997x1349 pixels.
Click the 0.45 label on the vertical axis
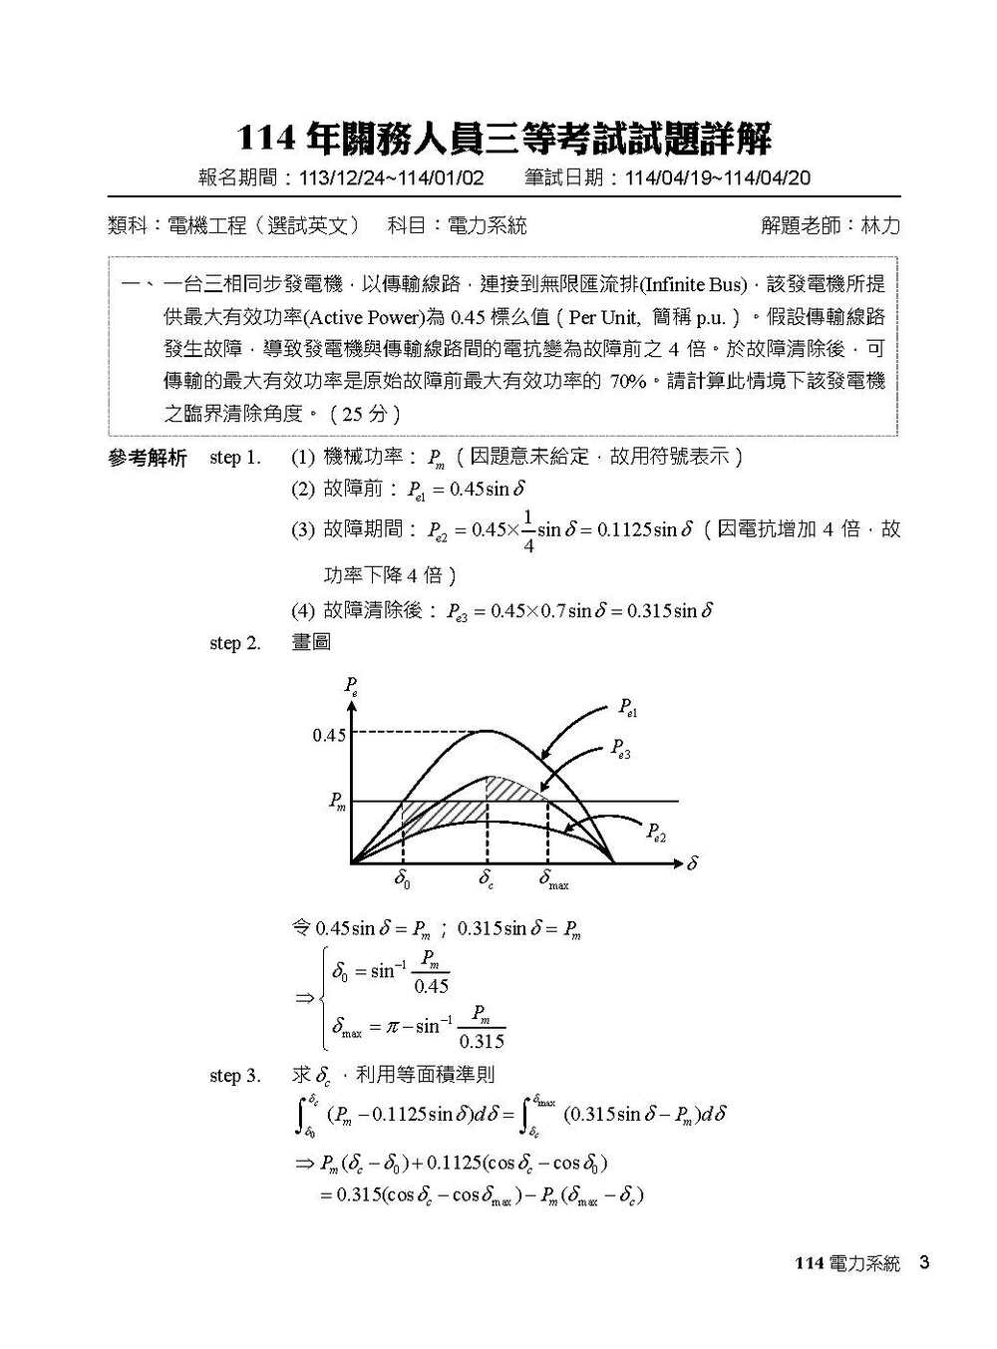[329, 736]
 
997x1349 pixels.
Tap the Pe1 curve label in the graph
[627, 708]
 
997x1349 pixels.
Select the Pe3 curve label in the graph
[620, 748]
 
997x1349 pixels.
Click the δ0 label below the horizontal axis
[403, 880]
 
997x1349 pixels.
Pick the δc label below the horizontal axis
[487, 880]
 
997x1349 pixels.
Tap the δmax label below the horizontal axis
[553, 880]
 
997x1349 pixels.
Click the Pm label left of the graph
[338, 802]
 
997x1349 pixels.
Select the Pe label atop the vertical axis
[351, 686]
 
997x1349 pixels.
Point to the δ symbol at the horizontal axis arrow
[692, 863]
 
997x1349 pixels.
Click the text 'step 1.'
[235, 458]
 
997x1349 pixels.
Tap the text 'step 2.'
[235, 643]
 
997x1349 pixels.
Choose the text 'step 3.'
[235, 1076]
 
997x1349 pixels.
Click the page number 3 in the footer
[924, 1263]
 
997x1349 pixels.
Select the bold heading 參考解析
[147, 459]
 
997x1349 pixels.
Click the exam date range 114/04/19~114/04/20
[717, 178]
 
